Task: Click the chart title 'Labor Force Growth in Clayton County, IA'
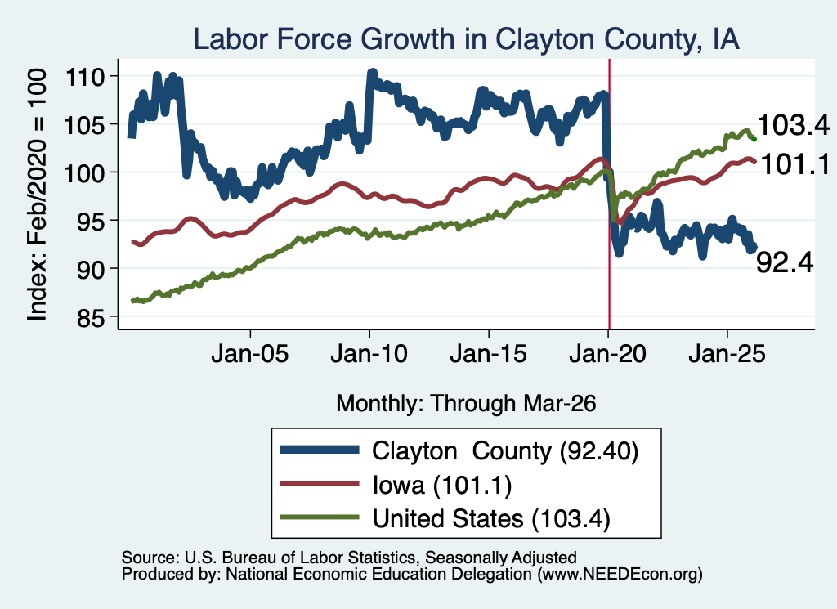coord(466,40)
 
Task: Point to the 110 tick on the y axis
coord(84,77)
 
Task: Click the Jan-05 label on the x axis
coord(250,354)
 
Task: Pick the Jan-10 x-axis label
coord(369,354)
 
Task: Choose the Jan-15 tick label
coord(489,354)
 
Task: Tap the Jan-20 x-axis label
coord(608,354)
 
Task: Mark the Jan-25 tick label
coord(727,354)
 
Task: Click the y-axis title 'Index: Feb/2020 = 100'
coord(38,195)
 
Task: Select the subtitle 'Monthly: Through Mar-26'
coord(466,404)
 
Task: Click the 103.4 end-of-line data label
coord(794,125)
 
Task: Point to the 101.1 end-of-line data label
coord(794,163)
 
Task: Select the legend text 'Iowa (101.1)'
coord(442,486)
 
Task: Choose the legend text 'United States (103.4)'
coord(491,519)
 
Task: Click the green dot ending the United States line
coord(754,139)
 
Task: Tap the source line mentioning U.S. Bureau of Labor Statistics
coord(349,558)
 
